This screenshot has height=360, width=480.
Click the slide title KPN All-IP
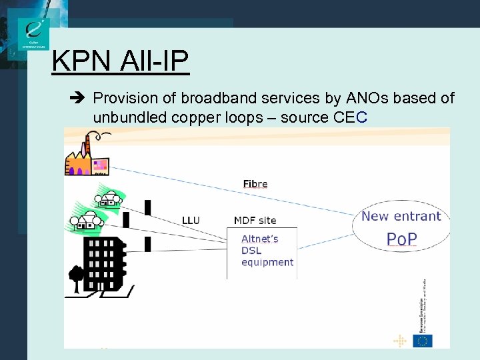pos(121,61)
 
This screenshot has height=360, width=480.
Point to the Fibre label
pos(255,184)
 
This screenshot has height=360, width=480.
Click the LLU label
pos(191,220)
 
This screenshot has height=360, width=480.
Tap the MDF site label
pos(255,220)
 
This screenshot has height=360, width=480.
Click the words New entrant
pos(401,216)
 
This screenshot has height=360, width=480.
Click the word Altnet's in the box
pos(260,239)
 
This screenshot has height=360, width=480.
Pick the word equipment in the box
pos(267,262)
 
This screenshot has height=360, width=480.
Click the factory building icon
pos(86,158)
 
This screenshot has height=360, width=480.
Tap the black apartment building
pos(103,259)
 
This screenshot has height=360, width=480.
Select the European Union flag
pos(422,341)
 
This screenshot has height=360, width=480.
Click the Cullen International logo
pos(34,33)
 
